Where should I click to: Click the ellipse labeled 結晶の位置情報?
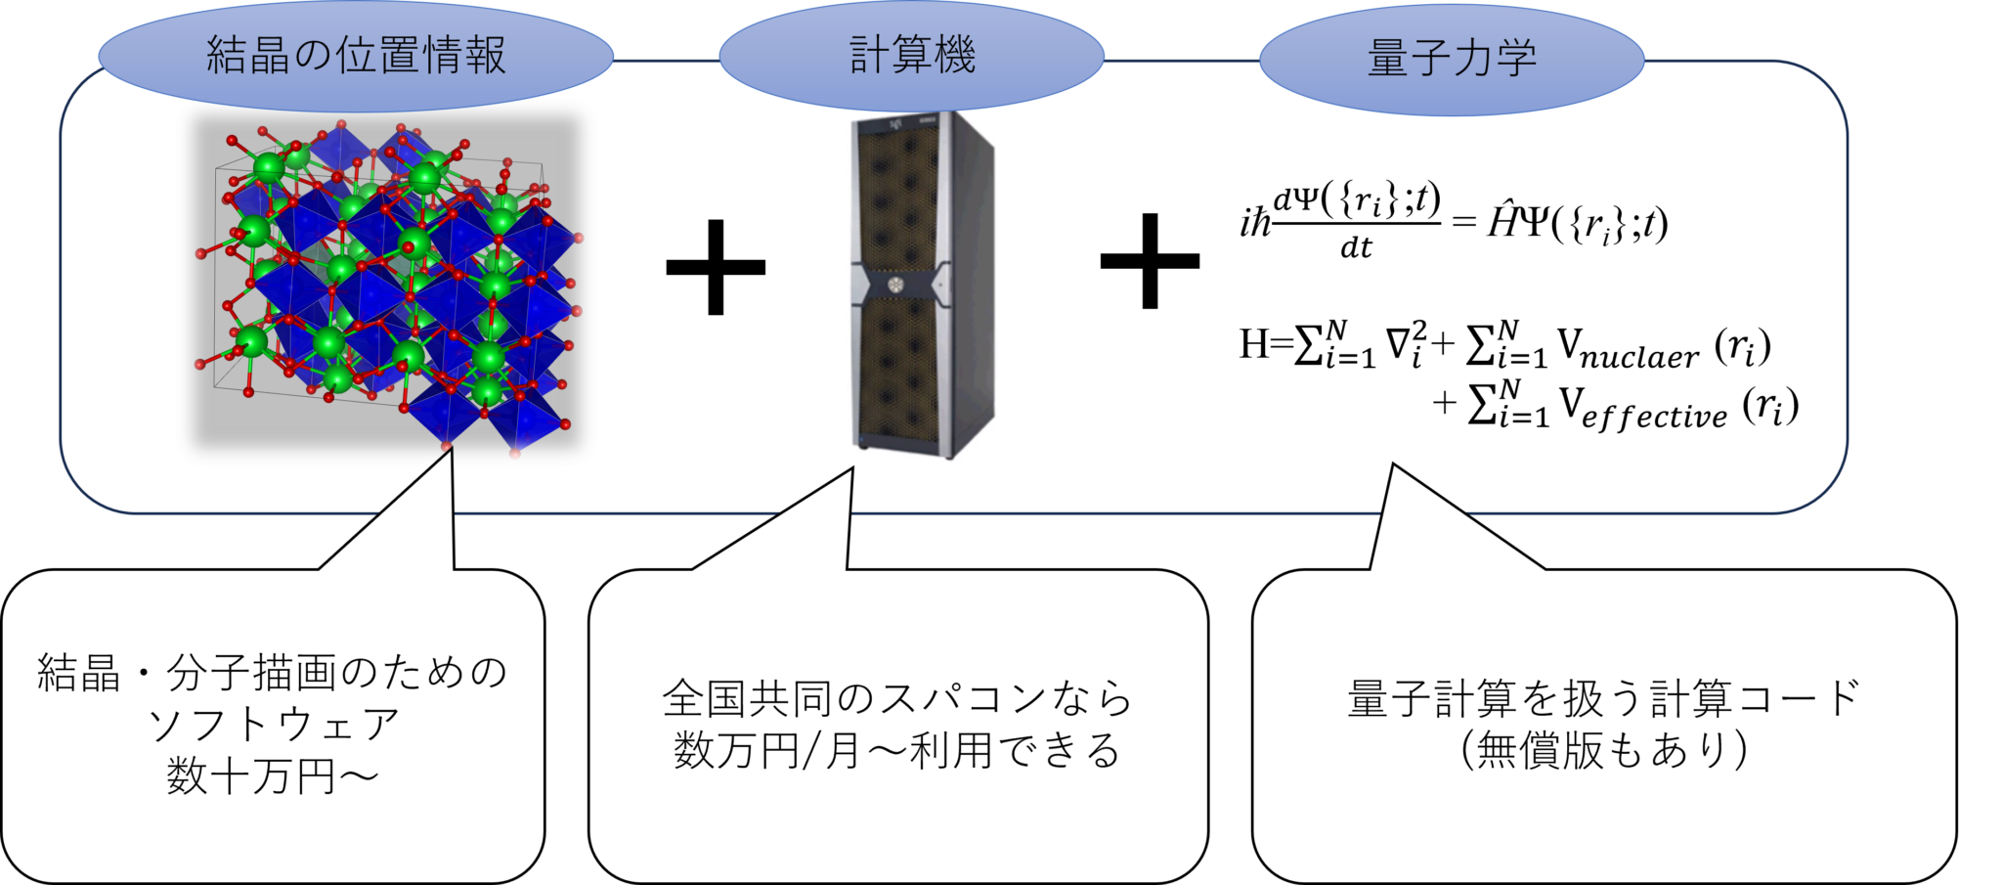[x=356, y=56]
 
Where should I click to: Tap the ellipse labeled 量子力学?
[x=1452, y=58]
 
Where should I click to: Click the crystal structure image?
[x=386, y=282]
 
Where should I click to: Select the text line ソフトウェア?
[x=273, y=726]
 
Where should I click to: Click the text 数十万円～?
[x=273, y=777]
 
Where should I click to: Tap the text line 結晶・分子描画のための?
[x=273, y=673]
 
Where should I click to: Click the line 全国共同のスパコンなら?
[x=897, y=698]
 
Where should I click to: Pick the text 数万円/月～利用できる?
[x=897, y=751]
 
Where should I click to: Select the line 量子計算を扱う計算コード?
[x=1603, y=698]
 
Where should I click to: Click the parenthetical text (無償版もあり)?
[x=1603, y=751]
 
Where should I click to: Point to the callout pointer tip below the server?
[x=851, y=470]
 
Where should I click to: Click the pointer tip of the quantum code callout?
[x=1394, y=470]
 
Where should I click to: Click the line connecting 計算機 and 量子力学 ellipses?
[x=1181, y=60]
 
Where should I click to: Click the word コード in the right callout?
[x=1800, y=698]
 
